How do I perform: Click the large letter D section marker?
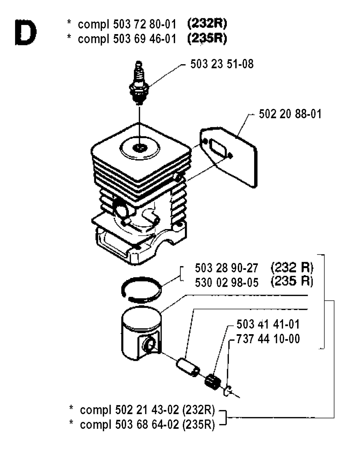coord(26,33)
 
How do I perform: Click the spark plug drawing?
coord(139,83)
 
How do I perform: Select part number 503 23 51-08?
coord(222,64)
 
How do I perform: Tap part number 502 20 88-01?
coord(290,114)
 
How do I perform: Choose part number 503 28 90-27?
coord(226,268)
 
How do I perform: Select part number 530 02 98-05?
coord(226,283)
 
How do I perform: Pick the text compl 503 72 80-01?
coord(127,25)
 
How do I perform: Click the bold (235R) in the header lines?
coord(207,38)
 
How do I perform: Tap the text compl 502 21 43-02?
coord(130,410)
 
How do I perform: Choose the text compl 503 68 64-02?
coord(130,425)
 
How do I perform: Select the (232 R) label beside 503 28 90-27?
coord(292,268)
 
